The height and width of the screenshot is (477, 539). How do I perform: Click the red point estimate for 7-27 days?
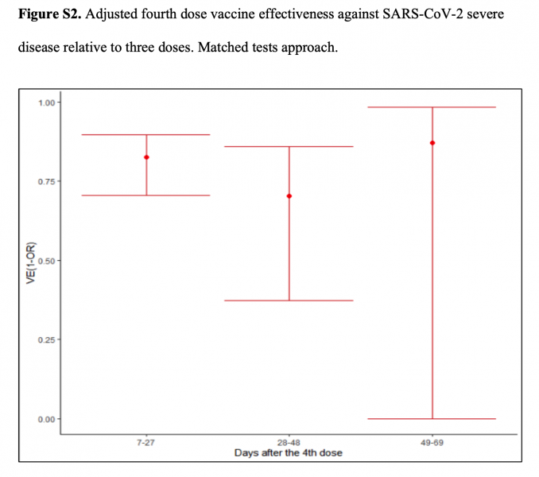coord(146,157)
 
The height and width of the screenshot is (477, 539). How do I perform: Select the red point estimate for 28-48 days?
coord(289,196)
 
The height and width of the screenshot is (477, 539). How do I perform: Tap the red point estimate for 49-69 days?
coord(432,143)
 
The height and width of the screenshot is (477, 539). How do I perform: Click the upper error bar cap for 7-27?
coord(146,135)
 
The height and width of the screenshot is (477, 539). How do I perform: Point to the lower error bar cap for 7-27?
coord(146,195)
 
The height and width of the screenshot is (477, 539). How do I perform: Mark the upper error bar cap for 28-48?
coord(289,146)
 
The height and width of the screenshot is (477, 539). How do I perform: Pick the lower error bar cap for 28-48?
coord(289,301)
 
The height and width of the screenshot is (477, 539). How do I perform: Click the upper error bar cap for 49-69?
coord(432,107)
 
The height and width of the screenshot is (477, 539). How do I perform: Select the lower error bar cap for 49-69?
coord(432,418)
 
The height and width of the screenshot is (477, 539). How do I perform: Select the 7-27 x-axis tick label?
coord(146,443)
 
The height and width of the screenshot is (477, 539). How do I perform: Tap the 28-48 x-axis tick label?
coord(289,443)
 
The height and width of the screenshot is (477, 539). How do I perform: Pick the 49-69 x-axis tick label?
coord(432,443)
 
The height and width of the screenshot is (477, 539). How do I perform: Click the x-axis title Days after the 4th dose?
coord(289,452)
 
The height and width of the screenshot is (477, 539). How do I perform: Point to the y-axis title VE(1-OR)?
coord(31,262)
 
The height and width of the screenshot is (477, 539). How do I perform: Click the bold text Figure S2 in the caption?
coord(47,15)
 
